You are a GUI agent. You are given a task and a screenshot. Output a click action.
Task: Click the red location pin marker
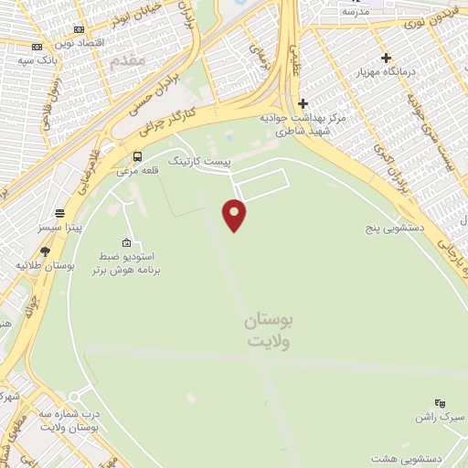235,215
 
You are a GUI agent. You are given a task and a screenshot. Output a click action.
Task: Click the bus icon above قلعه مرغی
137,155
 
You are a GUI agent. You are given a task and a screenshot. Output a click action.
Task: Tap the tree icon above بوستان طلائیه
45,251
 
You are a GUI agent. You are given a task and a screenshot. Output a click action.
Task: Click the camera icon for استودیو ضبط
125,242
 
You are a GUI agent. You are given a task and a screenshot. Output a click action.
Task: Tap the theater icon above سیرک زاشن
440,402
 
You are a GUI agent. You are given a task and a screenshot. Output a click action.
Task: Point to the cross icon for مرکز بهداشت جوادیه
303,103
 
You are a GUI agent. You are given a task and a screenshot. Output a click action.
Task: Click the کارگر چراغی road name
165,121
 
